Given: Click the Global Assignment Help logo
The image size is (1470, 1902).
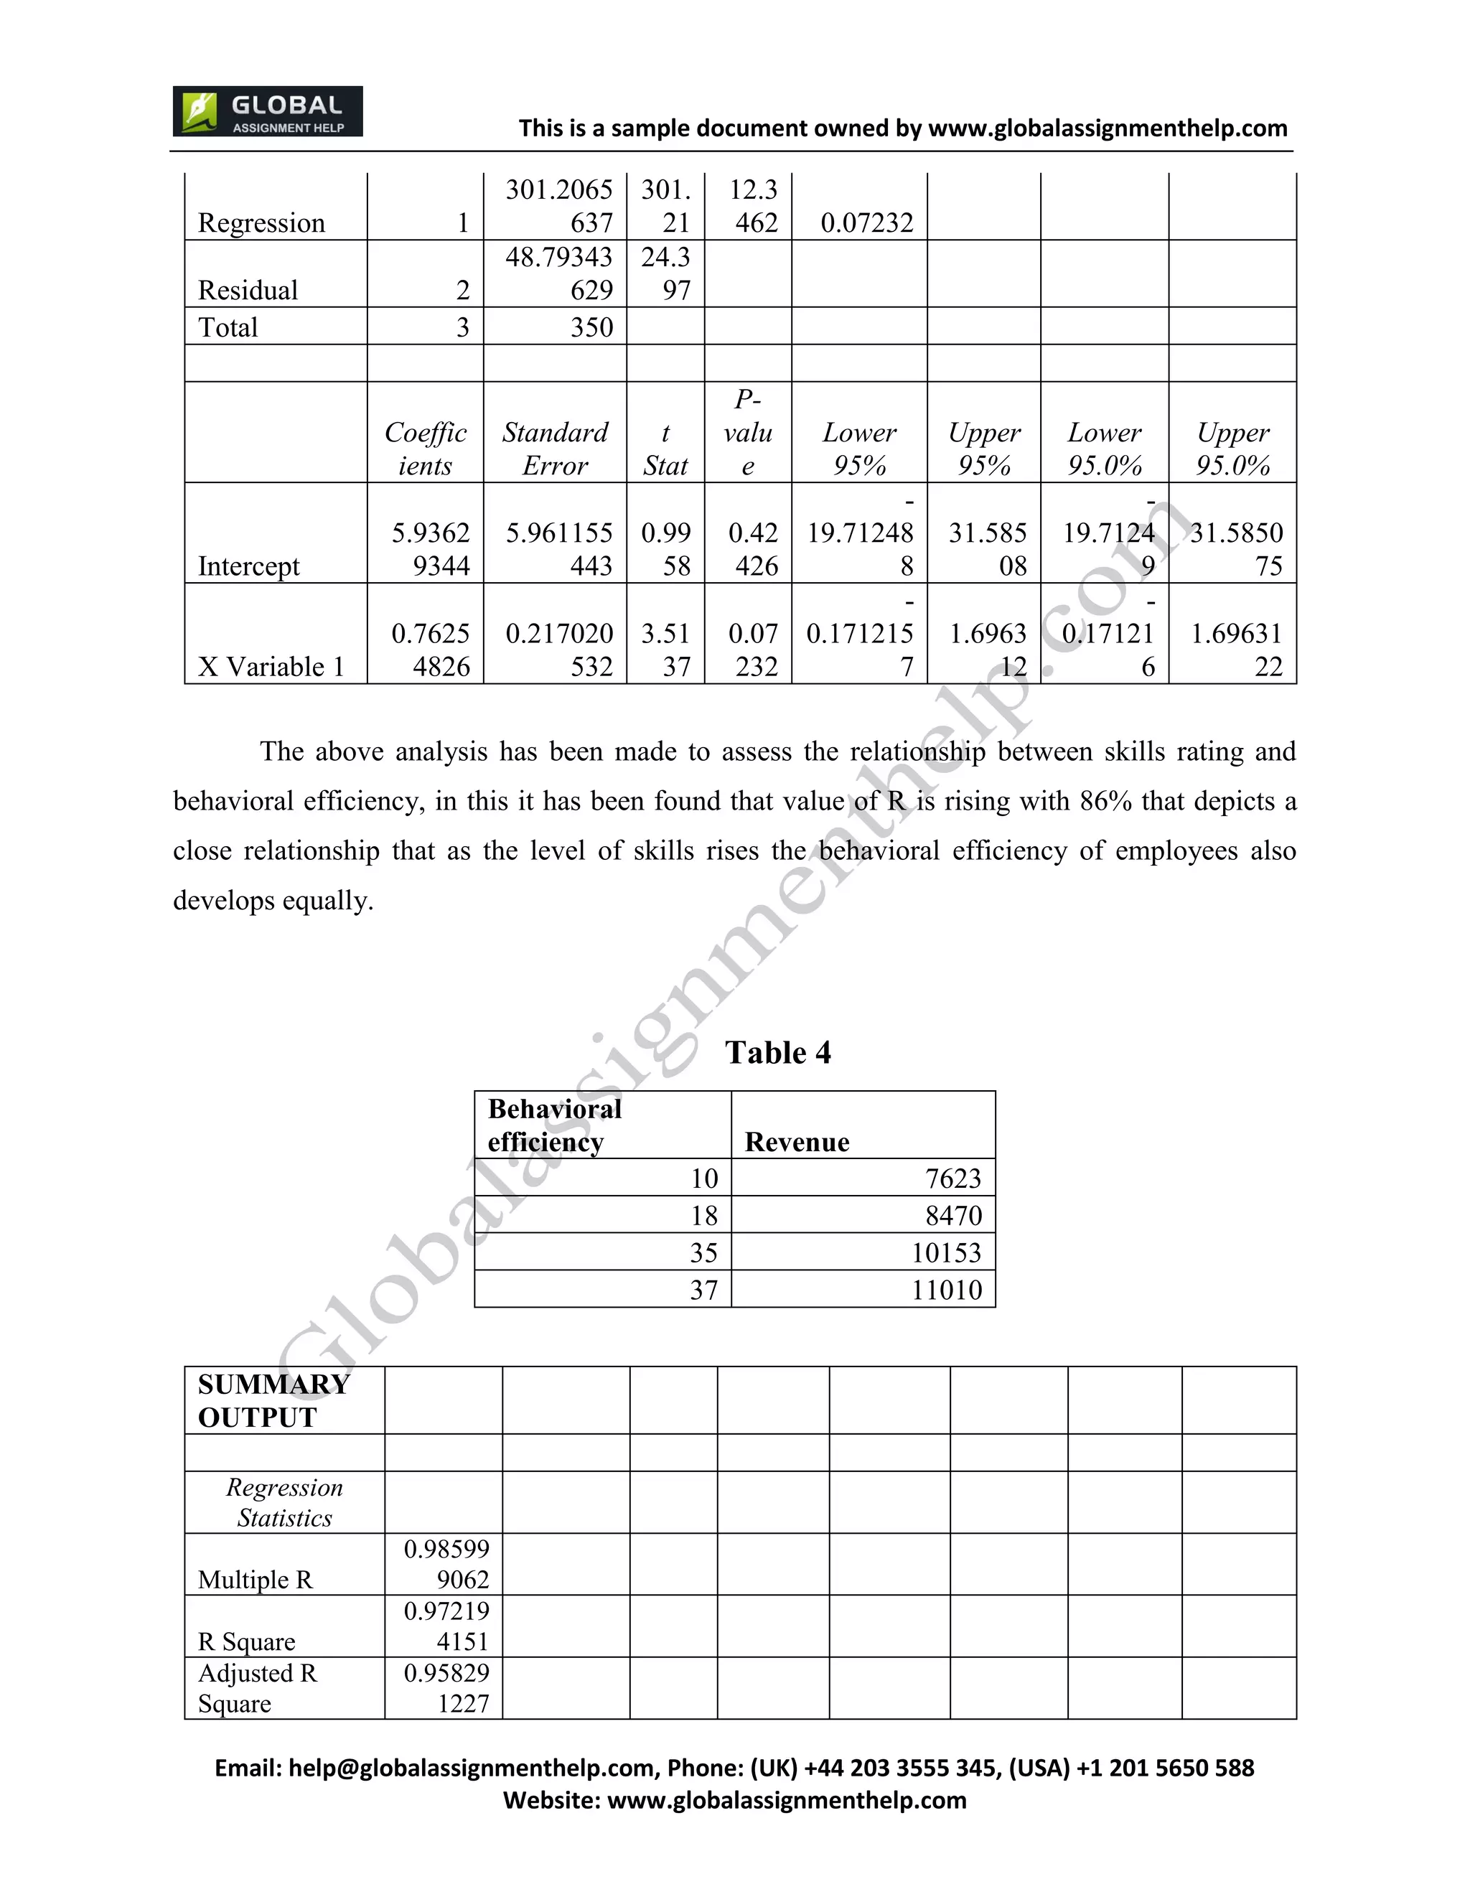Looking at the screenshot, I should [x=267, y=111].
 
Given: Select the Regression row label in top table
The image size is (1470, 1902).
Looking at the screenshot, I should [x=261, y=223].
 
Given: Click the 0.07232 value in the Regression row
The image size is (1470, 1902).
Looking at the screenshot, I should [x=866, y=223].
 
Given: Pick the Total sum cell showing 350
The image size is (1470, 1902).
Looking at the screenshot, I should [x=591, y=327].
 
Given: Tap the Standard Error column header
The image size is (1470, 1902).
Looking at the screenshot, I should [x=555, y=449].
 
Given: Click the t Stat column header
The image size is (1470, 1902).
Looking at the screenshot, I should [x=665, y=449].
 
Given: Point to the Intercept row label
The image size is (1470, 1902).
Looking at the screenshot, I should [x=248, y=566].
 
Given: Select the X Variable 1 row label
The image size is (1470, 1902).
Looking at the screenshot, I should [x=271, y=667].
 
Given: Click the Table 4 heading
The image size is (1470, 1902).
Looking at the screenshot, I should [x=777, y=1052].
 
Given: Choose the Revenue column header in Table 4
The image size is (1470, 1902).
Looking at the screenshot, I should [x=797, y=1142].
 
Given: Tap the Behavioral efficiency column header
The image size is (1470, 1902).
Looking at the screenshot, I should [x=555, y=1125].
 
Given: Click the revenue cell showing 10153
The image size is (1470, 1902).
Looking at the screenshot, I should [x=946, y=1252].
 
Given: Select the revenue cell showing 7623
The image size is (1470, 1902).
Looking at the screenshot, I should [x=952, y=1179].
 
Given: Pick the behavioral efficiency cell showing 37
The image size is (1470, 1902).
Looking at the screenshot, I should [x=703, y=1290].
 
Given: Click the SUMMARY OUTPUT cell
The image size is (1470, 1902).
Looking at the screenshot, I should [x=273, y=1400].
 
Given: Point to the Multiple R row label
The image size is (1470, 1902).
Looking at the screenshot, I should [x=254, y=1580].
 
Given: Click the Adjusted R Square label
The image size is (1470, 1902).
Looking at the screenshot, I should [x=257, y=1688].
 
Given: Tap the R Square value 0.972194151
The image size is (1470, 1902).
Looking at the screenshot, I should [x=446, y=1626].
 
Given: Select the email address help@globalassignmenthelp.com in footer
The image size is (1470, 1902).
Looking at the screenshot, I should [x=472, y=1768].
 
